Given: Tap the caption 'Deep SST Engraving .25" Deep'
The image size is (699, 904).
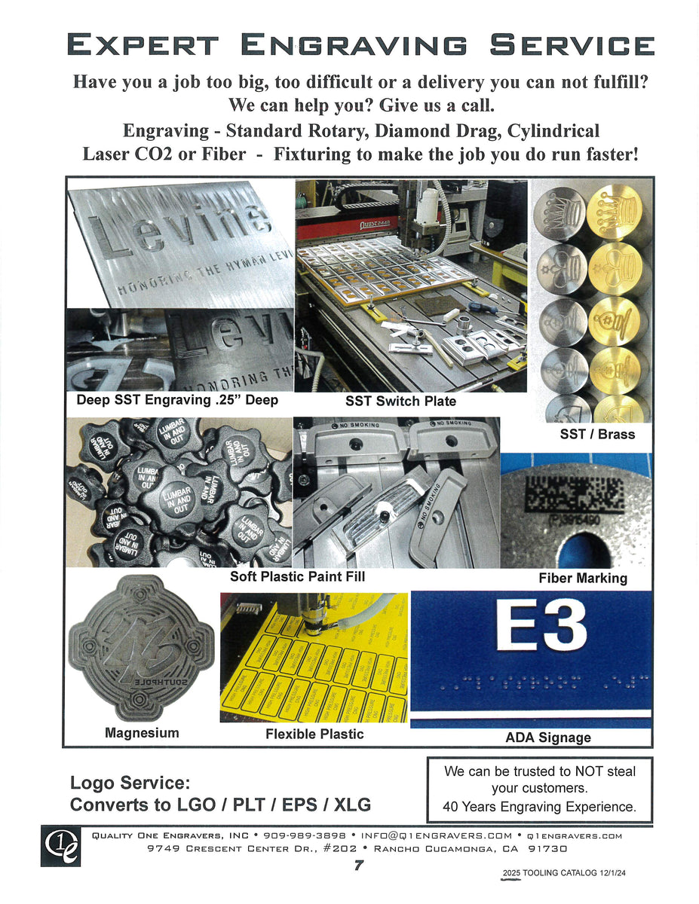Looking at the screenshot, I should click(177, 400).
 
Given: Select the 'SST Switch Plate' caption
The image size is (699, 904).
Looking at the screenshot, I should click(400, 402).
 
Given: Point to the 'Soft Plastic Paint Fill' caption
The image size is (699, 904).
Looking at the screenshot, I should click(297, 577).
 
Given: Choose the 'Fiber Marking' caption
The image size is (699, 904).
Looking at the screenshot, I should click(582, 578).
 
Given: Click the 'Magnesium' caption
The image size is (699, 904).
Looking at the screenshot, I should click(142, 732).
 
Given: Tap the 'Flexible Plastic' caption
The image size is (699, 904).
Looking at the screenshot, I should click(314, 734).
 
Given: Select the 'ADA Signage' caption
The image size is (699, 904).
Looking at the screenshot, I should click(547, 738).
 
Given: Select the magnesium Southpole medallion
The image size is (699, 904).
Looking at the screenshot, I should click(141, 648).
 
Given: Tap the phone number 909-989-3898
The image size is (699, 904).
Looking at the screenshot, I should click(304, 835).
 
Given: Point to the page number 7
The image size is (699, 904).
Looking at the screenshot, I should click(359, 866).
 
